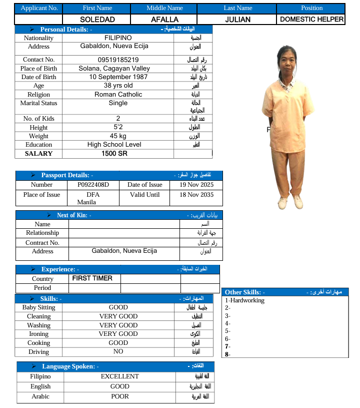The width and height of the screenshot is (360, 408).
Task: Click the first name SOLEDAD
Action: tap(97, 20)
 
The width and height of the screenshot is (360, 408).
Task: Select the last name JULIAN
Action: tap(237, 20)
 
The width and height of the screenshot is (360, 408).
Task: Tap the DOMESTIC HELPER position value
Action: tap(311, 20)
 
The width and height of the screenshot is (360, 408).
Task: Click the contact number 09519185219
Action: tap(118, 60)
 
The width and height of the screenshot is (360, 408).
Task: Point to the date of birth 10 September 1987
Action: tap(118, 77)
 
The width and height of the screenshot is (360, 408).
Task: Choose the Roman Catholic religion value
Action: tap(118, 94)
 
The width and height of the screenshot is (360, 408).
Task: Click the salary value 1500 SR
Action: tap(114, 154)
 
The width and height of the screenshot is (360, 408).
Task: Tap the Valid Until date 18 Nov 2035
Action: tap(196, 195)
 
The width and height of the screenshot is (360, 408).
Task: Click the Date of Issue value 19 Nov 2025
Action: tap(196, 185)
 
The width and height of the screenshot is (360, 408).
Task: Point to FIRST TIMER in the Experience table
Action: tap(92, 278)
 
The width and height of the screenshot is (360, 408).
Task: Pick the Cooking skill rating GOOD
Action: tap(118, 343)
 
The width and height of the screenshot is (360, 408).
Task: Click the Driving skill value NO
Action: tap(118, 351)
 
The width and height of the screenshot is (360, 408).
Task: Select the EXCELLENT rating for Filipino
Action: tap(120, 376)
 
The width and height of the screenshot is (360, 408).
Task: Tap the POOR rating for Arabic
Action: tap(120, 396)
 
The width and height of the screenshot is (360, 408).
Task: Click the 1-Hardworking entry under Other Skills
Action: tap(244, 300)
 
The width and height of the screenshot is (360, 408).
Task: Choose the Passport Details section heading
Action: tap(66, 175)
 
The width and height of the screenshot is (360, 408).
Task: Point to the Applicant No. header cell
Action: tap(39, 8)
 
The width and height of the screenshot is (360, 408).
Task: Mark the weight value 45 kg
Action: tap(118, 136)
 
